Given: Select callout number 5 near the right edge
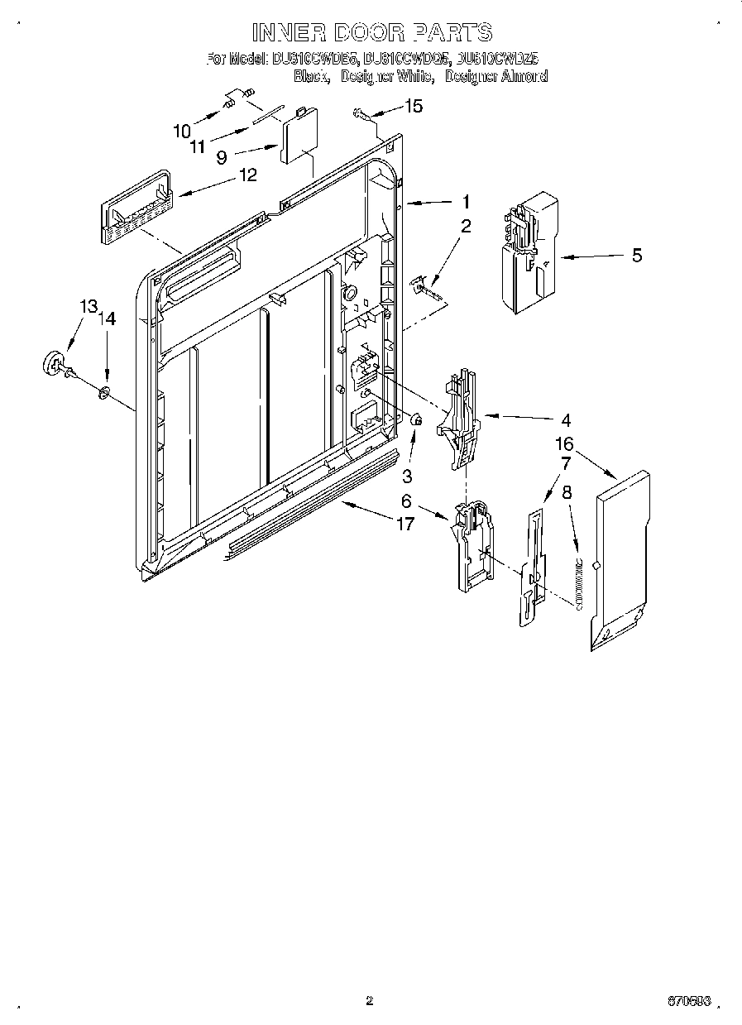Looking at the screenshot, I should [x=636, y=256].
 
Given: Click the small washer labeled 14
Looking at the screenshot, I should [x=104, y=391].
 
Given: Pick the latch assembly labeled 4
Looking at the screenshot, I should [x=461, y=418].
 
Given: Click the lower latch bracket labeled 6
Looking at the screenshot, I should [x=472, y=545].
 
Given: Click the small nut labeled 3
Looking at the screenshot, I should [x=417, y=423].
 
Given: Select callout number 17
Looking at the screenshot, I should [x=405, y=524].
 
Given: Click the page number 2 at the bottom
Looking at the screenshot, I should [x=369, y=1000].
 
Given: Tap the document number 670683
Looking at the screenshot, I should [x=688, y=1001].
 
